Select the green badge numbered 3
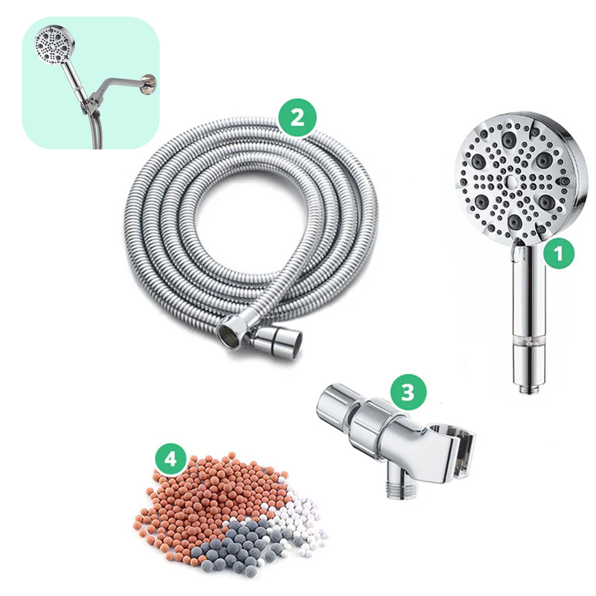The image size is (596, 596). pos(408,393)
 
